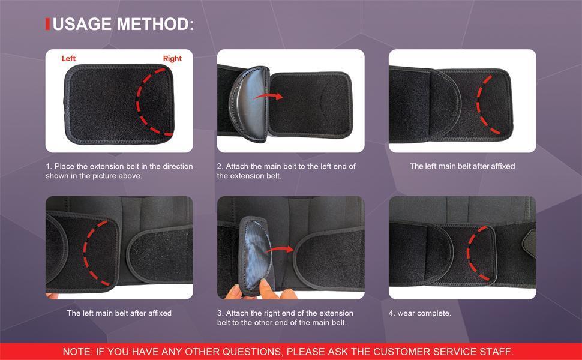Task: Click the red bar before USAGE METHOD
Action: click(x=48, y=24)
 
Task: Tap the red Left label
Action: click(x=68, y=59)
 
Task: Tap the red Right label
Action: click(x=172, y=59)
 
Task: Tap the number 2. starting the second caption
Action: click(x=220, y=166)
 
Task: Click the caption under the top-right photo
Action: click(x=462, y=166)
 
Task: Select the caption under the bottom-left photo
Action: click(x=119, y=313)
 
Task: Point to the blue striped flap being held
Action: click(x=253, y=252)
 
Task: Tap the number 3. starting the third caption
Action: click(x=220, y=313)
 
